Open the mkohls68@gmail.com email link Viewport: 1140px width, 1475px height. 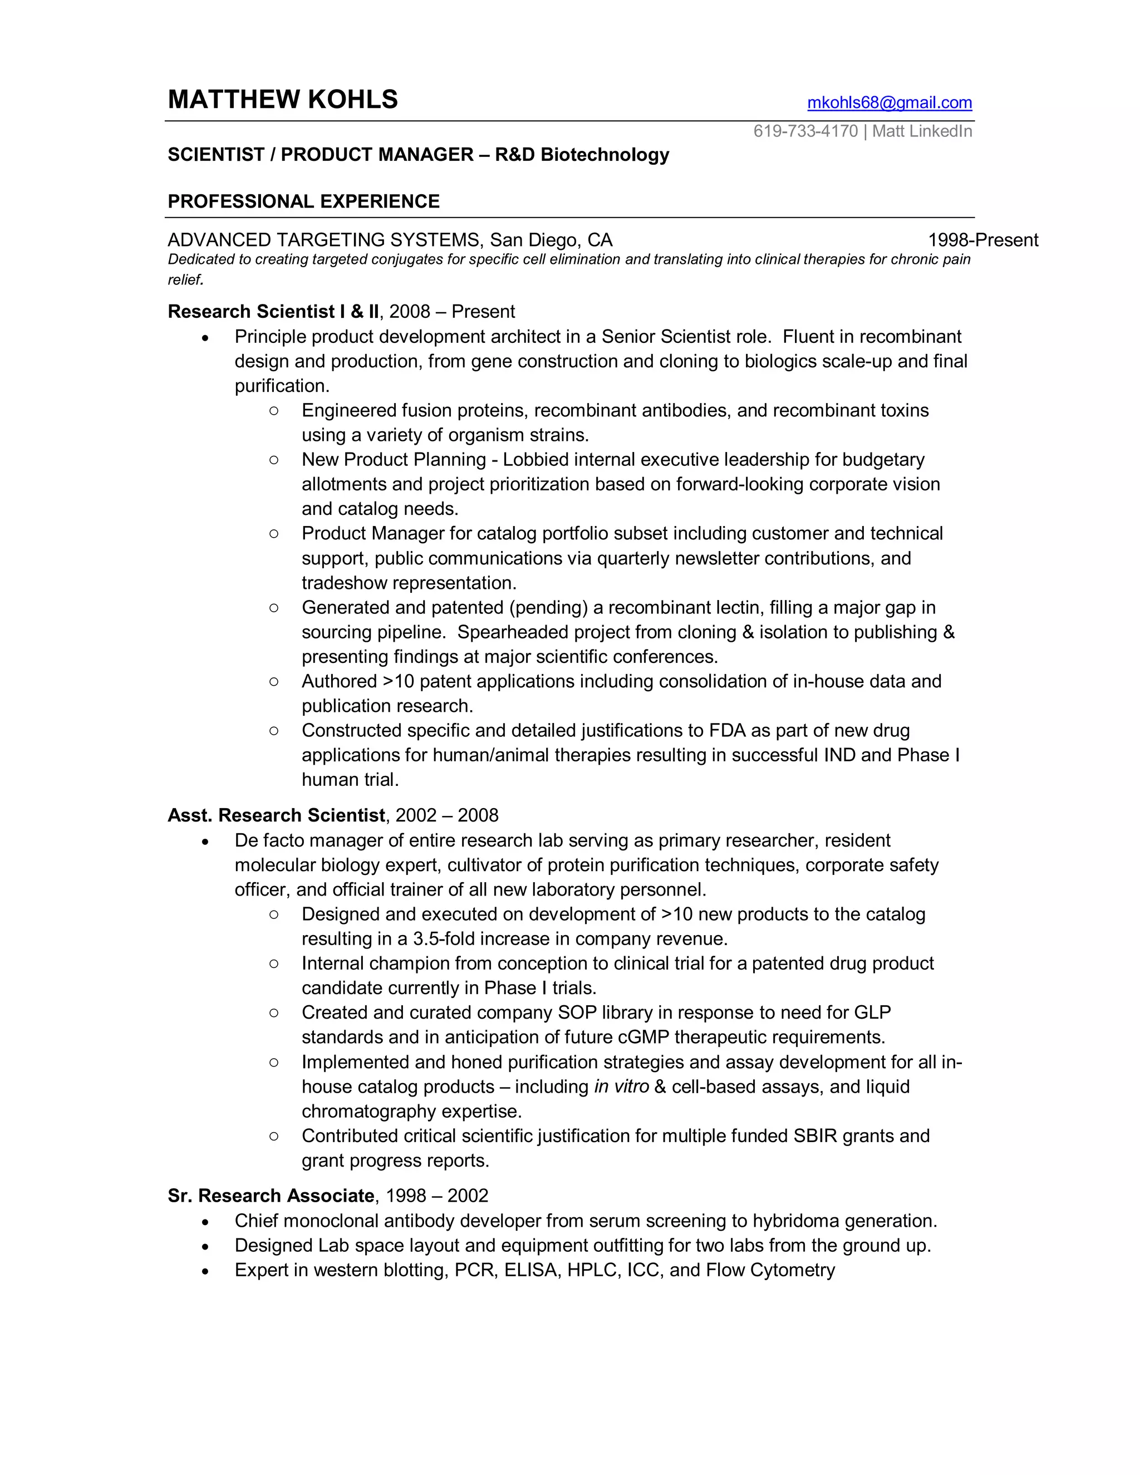coord(889,102)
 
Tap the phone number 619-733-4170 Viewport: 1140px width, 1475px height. coord(805,131)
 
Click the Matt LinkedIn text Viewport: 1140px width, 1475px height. coord(922,131)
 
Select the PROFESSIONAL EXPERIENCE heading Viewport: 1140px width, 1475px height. coord(303,201)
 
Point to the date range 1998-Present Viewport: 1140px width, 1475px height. coord(982,240)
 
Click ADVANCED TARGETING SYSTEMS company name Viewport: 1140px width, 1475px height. coord(324,240)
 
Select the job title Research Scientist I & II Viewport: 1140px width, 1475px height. coord(273,311)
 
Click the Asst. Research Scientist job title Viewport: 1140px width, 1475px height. coord(276,815)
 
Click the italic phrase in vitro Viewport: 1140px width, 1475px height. coord(621,1086)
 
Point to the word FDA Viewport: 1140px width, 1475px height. coord(726,730)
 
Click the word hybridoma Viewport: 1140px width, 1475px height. coord(795,1221)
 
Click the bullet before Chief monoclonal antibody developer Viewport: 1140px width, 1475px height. coord(205,1222)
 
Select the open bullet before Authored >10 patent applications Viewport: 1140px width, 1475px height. coord(273,681)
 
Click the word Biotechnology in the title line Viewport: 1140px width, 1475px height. coord(605,155)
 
